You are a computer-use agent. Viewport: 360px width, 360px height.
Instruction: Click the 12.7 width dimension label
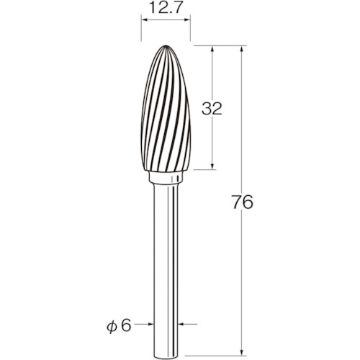pos(166,8)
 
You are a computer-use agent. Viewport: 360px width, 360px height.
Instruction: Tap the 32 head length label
pos(212,109)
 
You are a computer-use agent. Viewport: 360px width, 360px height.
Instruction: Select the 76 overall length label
pos(243,202)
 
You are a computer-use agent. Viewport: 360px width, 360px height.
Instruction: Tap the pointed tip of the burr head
pos(166,45)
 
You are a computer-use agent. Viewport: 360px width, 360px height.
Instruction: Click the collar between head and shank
pos(166,177)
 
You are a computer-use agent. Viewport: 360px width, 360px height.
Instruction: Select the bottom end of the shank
pos(166,355)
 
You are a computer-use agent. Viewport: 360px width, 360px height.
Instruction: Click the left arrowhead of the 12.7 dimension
pos(144,19)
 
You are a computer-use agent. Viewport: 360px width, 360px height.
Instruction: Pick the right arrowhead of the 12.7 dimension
pos(187,19)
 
